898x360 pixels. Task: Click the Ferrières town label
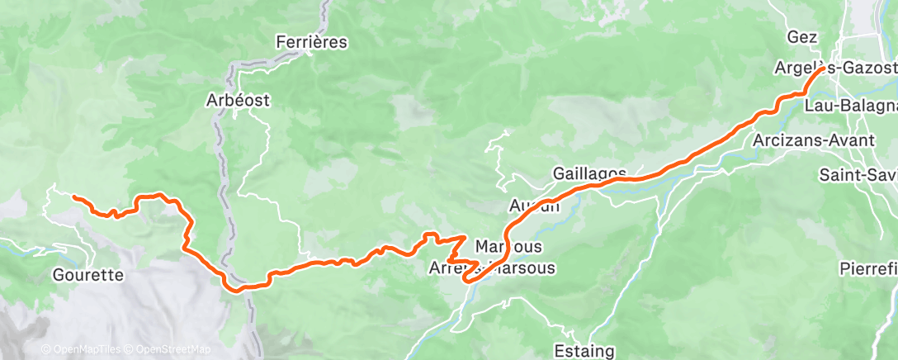(x=312, y=41)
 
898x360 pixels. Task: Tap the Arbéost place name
(x=238, y=101)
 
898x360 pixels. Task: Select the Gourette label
(x=87, y=274)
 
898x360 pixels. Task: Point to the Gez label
(x=802, y=37)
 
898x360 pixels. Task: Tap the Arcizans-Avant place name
(x=814, y=140)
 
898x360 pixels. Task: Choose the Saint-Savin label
(x=858, y=175)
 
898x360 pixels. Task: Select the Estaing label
(x=584, y=351)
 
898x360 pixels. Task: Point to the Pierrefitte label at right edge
(x=867, y=269)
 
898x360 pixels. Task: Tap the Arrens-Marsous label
(x=492, y=268)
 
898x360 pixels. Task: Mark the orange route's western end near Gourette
(x=74, y=197)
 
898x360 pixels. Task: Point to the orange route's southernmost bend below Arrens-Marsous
(x=468, y=281)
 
